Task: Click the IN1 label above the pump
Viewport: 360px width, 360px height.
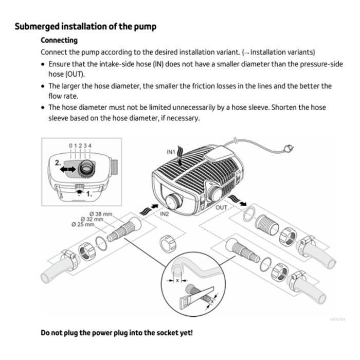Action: click(x=171, y=152)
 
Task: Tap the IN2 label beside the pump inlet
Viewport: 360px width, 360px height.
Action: click(x=165, y=213)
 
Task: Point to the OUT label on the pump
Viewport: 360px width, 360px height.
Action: click(x=221, y=208)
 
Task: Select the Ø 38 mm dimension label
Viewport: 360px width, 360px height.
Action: click(x=100, y=213)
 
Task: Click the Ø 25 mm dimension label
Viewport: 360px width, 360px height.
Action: click(x=83, y=225)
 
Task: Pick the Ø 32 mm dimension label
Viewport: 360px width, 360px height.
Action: click(x=92, y=219)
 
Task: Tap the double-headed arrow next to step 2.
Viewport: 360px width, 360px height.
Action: click(x=65, y=169)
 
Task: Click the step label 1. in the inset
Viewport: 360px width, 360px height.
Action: click(x=89, y=194)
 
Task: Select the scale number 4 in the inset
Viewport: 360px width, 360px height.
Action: click(x=90, y=146)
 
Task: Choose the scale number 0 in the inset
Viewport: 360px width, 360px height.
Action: click(x=70, y=146)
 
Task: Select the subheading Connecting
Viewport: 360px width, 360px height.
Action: click(x=59, y=40)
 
